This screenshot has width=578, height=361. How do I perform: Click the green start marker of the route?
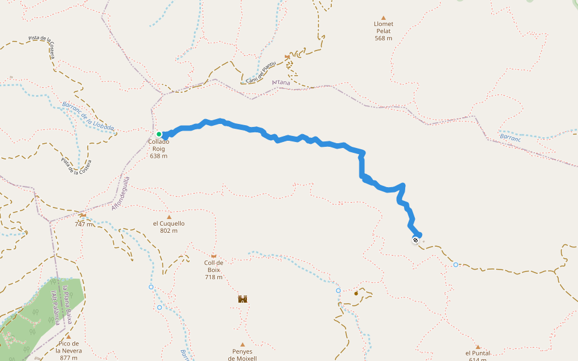coord(159,134)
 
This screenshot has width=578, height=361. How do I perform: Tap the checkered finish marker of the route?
coord(415,241)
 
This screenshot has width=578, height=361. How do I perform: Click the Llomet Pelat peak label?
coord(384,31)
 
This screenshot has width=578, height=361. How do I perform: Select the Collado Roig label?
coord(159,149)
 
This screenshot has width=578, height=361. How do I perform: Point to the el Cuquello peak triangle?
coord(169,217)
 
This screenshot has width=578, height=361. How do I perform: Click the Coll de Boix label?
coord(214,269)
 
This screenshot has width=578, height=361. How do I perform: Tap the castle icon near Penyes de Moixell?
coord(243,299)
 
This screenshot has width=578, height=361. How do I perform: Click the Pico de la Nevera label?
coord(68,350)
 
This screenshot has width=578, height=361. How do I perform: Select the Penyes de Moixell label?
coord(242,355)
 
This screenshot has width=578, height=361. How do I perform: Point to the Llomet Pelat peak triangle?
coord(384,18)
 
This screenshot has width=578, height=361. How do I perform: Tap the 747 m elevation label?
coord(84,224)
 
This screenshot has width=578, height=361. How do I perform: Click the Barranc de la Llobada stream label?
coord(88,116)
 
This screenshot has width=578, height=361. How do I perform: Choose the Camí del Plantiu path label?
coord(261,72)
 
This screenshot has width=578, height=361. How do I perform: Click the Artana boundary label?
coord(281,82)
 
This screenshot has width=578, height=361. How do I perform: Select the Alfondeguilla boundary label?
coord(120,193)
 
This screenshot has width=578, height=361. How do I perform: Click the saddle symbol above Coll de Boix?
coord(214,256)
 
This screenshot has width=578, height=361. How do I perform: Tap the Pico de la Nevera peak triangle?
coord(68,337)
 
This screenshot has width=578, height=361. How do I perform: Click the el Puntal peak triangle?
coord(477,347)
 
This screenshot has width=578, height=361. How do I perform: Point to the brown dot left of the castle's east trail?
coord(356,294)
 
